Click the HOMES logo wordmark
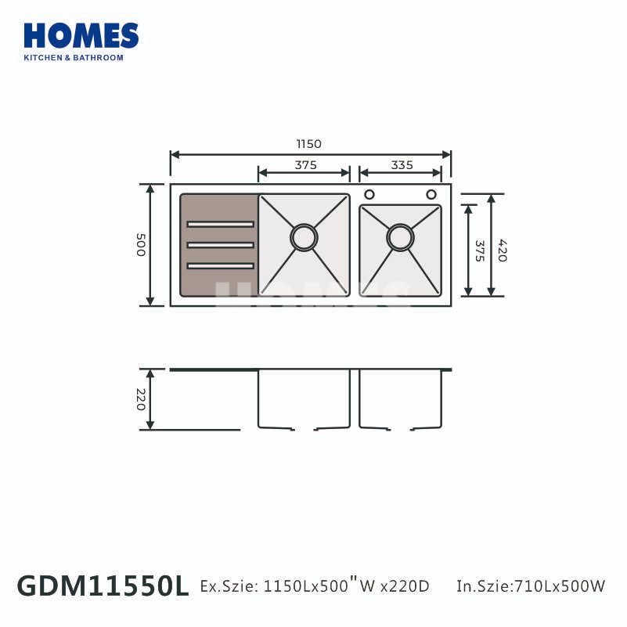click(81, 36)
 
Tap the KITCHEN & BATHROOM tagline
click(74, 58)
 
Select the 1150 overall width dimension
click(309, 144)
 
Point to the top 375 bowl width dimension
click(306, 165)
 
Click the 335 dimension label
click(402, 165)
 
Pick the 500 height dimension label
click(141, 245)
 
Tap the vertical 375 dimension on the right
click(479, 250)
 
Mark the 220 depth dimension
click(141, 399)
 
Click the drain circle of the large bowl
click(304, 237)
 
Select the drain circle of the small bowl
click(400, 237)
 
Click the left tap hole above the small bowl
click(369, 194)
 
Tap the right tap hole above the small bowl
click(431, 194)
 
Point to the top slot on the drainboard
click(220, 225)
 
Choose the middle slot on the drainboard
click(220, 245)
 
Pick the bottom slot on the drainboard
click(220, 266)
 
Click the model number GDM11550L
click(103, 586)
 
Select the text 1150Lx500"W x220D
click(347, 586)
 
